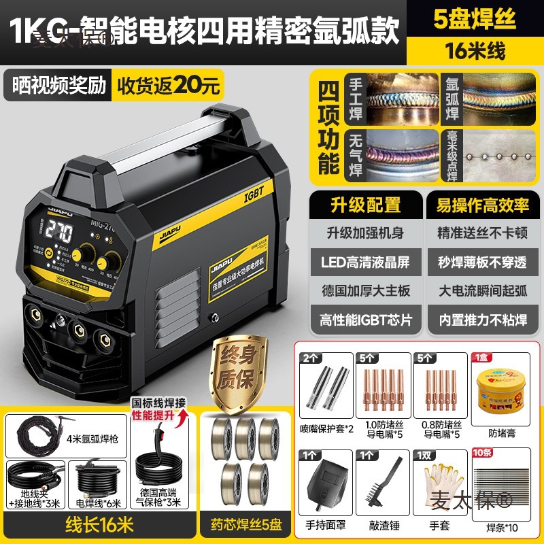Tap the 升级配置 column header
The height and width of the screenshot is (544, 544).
(366, 205)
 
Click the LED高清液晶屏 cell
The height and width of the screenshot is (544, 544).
(366, 261)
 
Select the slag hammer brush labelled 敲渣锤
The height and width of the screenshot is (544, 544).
(384, 481)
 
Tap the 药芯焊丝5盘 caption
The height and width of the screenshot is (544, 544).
(242, 526)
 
